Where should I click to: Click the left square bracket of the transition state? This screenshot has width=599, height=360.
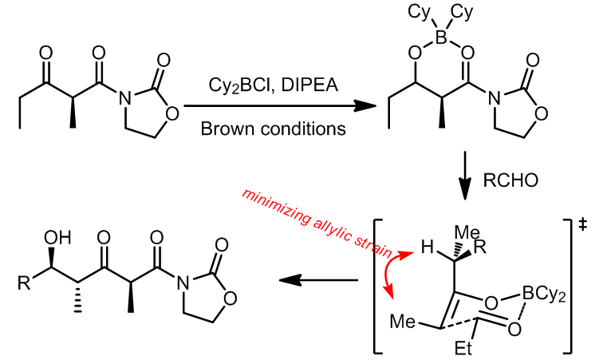378,283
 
